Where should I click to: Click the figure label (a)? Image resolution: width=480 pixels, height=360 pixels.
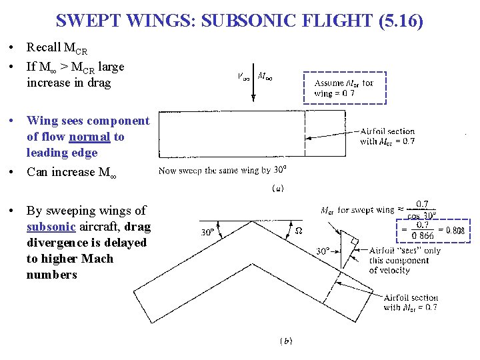point(278,189)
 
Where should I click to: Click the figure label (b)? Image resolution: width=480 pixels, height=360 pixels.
point(285,341)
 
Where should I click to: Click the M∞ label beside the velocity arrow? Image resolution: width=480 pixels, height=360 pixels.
point(265,77)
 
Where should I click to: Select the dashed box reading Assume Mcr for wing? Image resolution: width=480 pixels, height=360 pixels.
point(344,88)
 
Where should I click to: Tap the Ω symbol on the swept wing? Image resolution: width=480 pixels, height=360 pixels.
point(299,231)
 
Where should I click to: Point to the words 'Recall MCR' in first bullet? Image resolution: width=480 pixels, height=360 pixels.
point(57,47)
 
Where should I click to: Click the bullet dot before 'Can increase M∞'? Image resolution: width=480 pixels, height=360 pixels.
point(13,173)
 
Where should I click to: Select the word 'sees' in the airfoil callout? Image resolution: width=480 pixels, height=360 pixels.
point(414,250)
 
